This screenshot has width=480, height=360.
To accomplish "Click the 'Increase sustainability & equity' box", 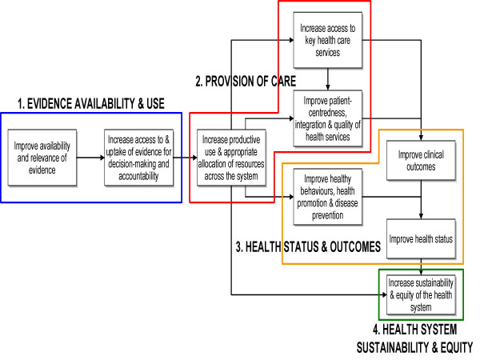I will [x=420, y=294].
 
